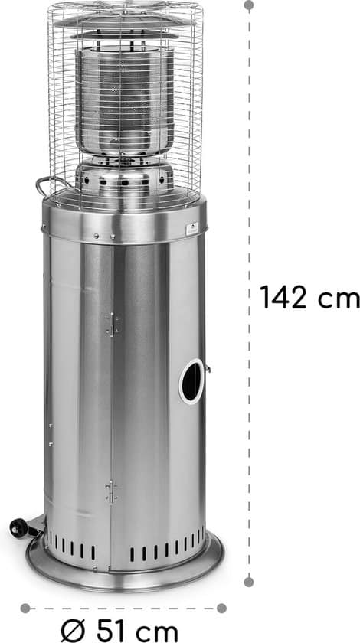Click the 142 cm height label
pos(309,297)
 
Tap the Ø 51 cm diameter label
pos(119,631)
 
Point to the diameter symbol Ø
pos(73,631)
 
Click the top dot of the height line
pos(249,5)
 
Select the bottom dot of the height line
pos(248,582)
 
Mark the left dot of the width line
pos(25,608)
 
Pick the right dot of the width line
pos(221,608)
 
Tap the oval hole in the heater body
pos(192,381)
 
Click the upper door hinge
pos(112,325)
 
